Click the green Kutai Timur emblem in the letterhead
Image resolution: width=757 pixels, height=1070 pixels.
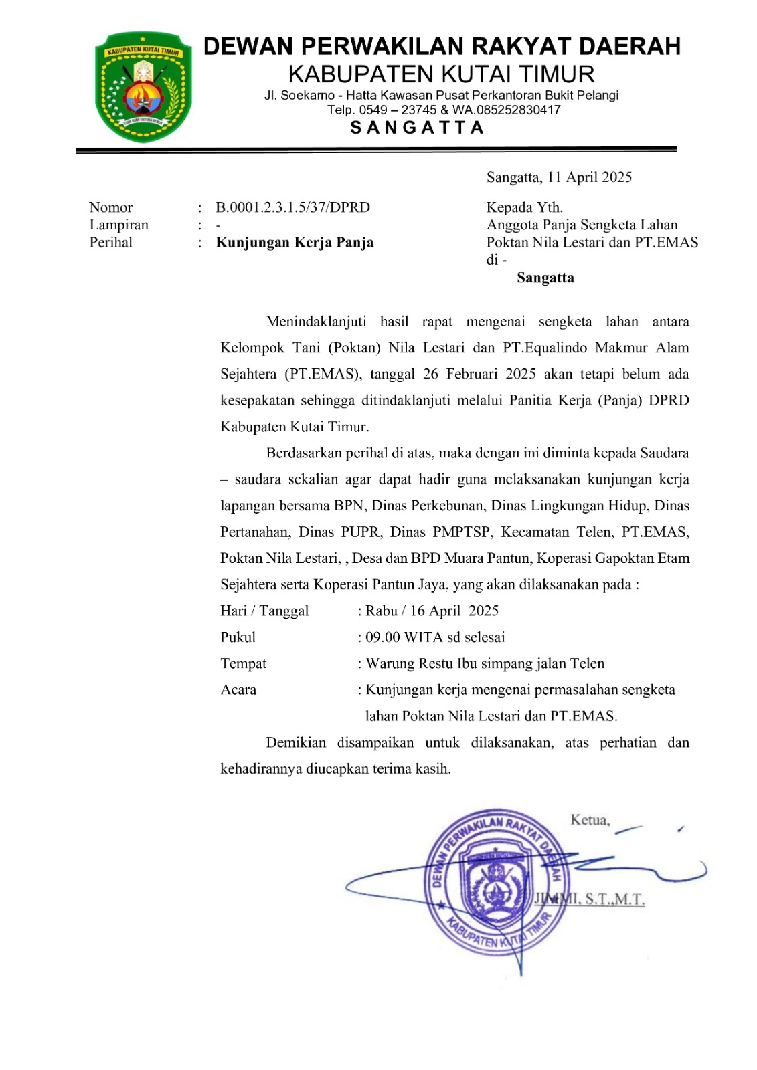(143, 88)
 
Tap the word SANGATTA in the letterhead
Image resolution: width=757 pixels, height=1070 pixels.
(417, 128)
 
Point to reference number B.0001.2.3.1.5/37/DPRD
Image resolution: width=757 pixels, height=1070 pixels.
(292, 207)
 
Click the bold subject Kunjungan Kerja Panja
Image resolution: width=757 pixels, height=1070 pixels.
(295, 242)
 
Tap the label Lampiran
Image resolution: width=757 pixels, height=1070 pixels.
(119, 225)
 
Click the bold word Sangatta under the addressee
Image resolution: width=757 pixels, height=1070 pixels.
(545, 278)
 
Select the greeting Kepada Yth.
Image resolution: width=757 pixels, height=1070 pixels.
(525, 207)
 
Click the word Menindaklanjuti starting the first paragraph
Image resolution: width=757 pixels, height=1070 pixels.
(316, 322)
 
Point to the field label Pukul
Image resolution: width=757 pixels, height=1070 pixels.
(238, 637)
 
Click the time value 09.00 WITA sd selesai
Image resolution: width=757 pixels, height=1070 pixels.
(435, 637)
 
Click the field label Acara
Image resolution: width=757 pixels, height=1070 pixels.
(238, 689)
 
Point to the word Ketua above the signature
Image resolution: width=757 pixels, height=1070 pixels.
(590, 820)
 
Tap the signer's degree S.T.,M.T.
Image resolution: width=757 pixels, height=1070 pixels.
(614, 899)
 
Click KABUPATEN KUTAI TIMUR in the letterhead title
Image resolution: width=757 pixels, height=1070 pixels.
(441, 74)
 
